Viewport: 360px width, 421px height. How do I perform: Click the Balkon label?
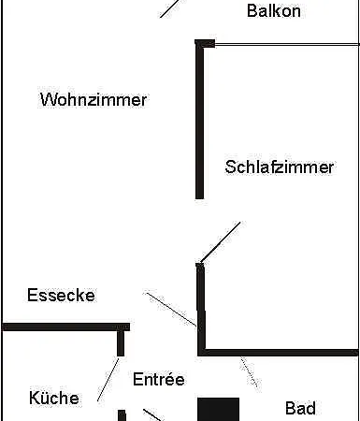[274, 11]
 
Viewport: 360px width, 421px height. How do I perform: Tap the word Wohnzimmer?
[93, 100]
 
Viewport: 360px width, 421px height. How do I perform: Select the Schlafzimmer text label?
[279, 167]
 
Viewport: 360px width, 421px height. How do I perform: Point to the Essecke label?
[61, 296]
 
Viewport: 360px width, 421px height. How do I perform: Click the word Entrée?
[158, 380]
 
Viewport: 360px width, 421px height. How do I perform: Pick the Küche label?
[53, 399]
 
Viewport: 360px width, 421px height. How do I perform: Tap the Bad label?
[300, 409]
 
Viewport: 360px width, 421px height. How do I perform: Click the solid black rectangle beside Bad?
[218, 409]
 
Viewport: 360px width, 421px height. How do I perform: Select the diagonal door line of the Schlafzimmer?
[220, 241]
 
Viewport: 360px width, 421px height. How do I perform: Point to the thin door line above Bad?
[249, 371]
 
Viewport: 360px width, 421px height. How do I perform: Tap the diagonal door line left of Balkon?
[168, 8]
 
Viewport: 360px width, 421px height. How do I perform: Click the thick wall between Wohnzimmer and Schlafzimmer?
[199, 122]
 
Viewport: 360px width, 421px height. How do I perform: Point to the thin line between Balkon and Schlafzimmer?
[285, 42]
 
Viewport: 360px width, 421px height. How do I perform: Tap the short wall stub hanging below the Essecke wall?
[121, 341]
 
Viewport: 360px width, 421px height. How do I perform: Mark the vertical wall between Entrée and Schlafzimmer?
[200, 309]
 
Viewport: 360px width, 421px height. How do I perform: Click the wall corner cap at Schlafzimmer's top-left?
[204, 43]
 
